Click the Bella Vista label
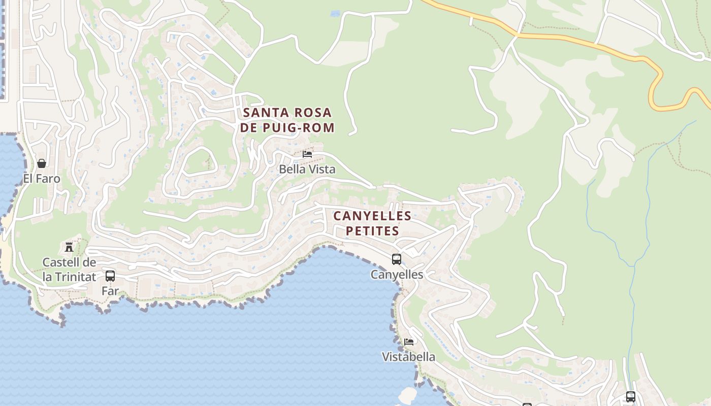[x=307, y=170]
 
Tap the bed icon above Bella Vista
[x=307, y=154]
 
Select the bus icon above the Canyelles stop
[x=397, y=259]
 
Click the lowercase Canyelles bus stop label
[x=397, y=275]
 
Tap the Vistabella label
[x=408, y=357]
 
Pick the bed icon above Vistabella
[x=409, y=342]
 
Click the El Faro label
[x=42, y=179]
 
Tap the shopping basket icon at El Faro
[x=42, y=163]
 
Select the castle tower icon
[x=69, y=247]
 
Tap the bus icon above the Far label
[x=110, y=276]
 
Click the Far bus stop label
[x=110, y=291]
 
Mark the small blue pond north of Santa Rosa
[x=335, y=14]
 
